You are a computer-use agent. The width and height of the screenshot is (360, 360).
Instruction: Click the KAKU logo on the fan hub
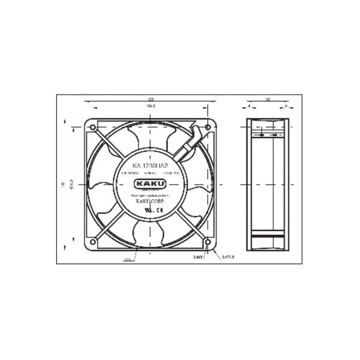pos(150,184)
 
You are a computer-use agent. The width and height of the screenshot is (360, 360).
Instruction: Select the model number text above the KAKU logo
pos(150,166)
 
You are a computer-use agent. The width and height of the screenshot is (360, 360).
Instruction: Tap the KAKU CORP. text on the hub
pos(150,202)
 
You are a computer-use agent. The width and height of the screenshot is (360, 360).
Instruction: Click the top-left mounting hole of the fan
pos(93,127)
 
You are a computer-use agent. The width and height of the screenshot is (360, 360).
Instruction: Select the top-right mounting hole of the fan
pos(208,127)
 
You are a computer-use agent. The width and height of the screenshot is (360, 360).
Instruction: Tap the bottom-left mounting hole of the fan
pos(93,242)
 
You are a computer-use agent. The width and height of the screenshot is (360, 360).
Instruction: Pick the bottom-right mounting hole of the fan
pos(208,242)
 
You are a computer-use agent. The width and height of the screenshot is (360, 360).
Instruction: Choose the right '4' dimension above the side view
pos(285,106)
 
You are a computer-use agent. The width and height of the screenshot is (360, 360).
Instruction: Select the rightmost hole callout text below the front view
pos(228,257)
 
